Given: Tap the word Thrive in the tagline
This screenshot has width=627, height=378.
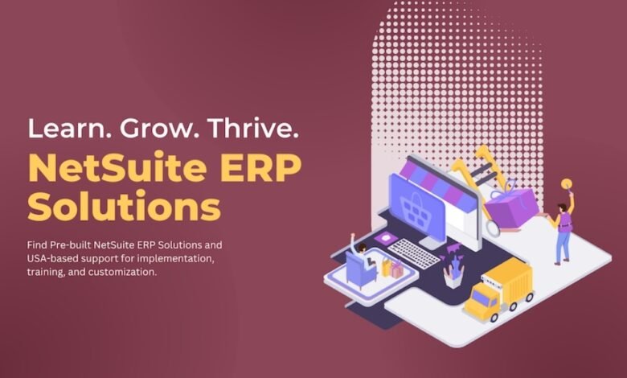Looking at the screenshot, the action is pyautogui.click(x=255, y=128).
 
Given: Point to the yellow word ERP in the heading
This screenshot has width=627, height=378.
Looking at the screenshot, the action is pyautogui.click(x=260, y=167).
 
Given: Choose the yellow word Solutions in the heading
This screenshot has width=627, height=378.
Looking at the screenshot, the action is pyautogui.click(x=124, y=206).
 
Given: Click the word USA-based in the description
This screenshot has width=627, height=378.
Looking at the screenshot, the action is pyautogui.click(x=53, y=258).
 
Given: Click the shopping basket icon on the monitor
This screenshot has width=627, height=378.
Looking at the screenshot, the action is pyautogui.click(x=416, y=209).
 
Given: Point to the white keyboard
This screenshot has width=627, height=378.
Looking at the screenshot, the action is pyautogui.click(x=413, y=253).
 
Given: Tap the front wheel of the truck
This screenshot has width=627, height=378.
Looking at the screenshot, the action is pyautogui.click(x=494, y=317).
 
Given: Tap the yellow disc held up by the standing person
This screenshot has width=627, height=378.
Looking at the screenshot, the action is pyautogui.click(x=566, y=184).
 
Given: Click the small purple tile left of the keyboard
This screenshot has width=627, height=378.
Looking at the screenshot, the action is pyautogui.click(x=386, y=238).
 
